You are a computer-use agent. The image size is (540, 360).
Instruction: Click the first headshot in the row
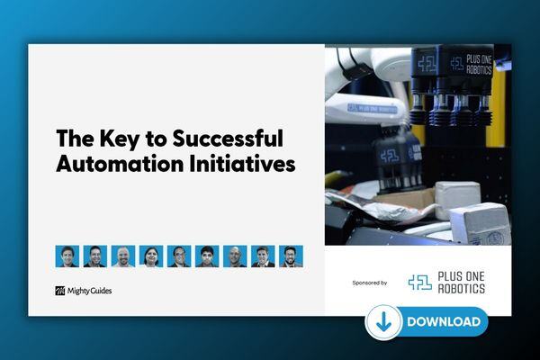(67, 256)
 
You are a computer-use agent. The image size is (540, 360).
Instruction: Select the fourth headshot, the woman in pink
(150, 256)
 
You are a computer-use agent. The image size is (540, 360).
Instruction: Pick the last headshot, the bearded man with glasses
(290, 256)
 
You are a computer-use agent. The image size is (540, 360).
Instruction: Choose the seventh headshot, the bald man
(234, 256)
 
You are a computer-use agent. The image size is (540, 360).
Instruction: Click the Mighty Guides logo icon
(60, 291)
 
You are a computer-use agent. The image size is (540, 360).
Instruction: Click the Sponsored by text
(370, 283)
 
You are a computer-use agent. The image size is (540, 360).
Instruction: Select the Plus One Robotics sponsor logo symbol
(419, 283)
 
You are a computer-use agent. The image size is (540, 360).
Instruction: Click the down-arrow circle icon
(383, 321)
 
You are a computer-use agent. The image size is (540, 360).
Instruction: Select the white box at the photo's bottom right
(482, 221)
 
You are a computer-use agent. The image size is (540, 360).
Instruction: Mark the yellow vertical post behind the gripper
(500, 135)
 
